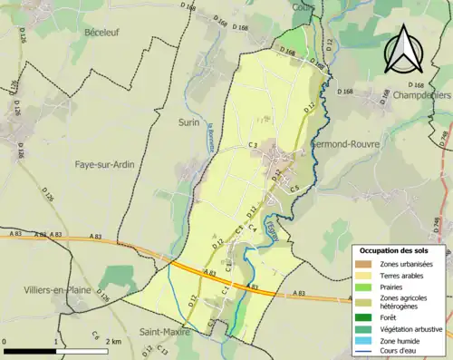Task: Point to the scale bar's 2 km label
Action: pos(113,342)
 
